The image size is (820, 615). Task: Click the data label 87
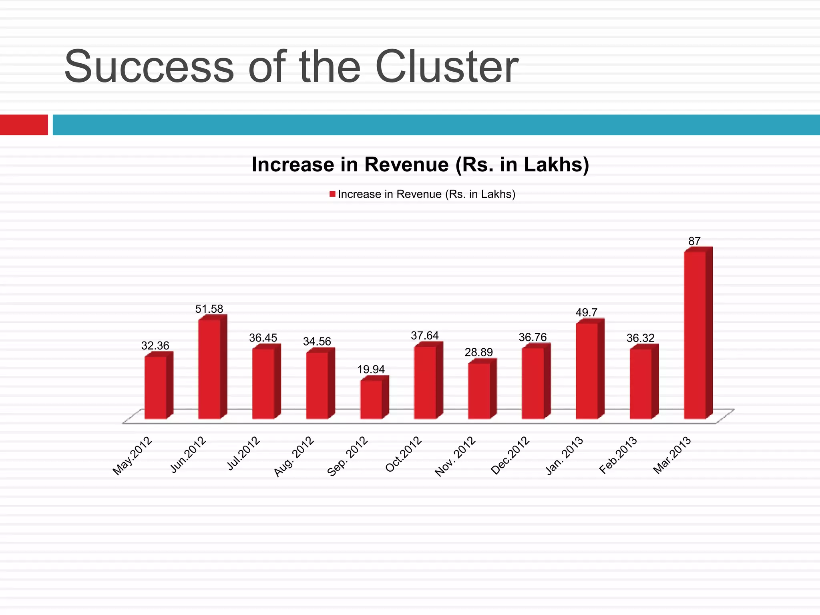(694, 241)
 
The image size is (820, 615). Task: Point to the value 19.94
(371, 369)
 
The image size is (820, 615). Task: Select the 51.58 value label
(209, 309)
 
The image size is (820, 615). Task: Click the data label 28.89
(478, 352)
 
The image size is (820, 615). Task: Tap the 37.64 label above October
(424, 336)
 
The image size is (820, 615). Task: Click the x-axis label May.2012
(133, 456)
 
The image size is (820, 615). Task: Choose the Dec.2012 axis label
(510, 456)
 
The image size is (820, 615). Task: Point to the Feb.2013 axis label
(618, 456)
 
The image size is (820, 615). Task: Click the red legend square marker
(332, 194)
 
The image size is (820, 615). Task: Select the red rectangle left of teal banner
(24, 125)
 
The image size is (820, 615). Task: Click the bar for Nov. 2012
(479, 391)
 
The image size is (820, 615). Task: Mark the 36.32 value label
(640, 338)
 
